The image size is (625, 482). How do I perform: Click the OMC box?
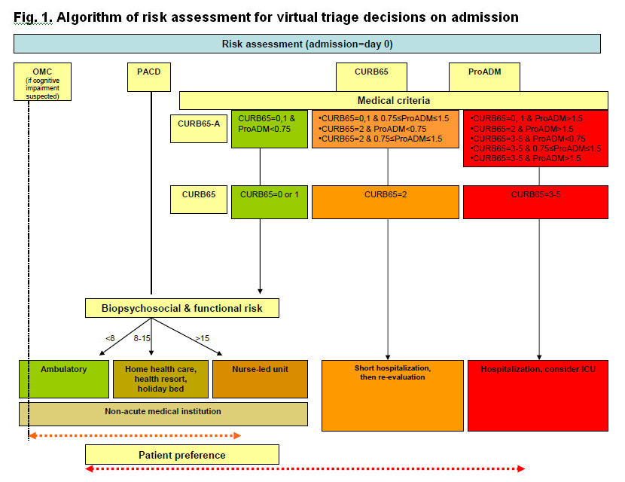point(42,82)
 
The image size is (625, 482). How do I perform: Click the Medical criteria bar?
point(392,100)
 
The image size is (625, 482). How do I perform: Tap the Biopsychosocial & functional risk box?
point(181,307)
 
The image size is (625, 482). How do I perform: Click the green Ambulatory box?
point(63,379)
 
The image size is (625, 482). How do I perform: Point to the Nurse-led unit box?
point(260,379)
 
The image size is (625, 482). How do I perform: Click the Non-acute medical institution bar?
point(163,413)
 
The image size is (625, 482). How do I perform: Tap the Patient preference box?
point(181,454)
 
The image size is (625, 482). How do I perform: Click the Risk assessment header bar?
point(307,44)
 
